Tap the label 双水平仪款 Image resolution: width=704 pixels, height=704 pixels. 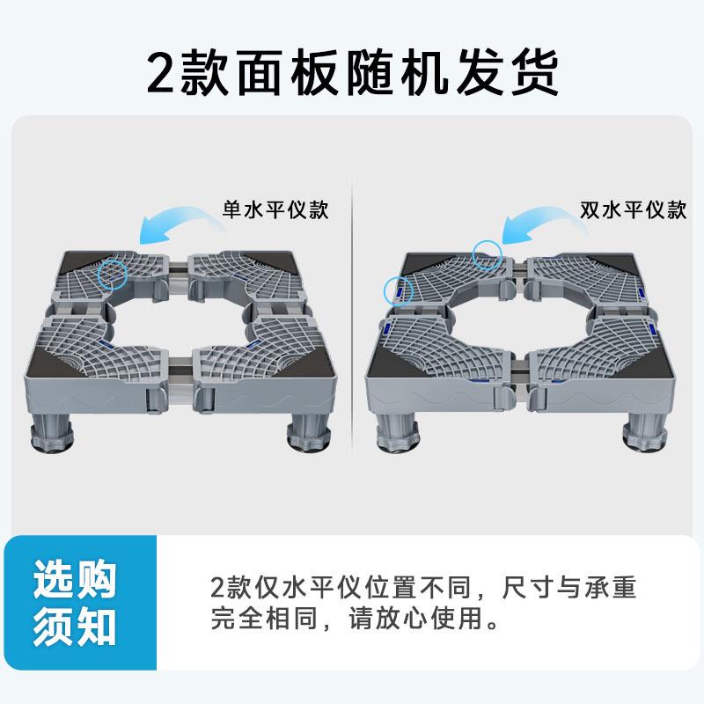[633, 211]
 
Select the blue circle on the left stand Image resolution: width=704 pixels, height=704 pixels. [113, 274]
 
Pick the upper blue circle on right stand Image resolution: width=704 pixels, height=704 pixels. [487, 254]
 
